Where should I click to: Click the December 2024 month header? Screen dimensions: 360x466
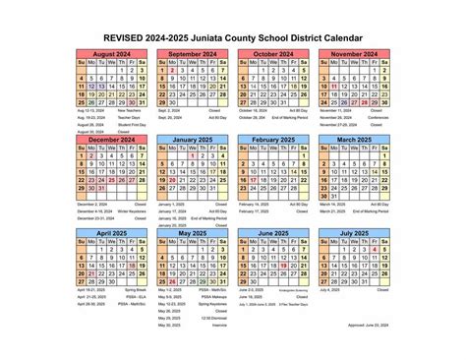(x=109, y=141)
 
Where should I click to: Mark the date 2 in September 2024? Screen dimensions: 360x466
(x=171, y=71)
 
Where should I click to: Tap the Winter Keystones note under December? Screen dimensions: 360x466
(x=136, y=210)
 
